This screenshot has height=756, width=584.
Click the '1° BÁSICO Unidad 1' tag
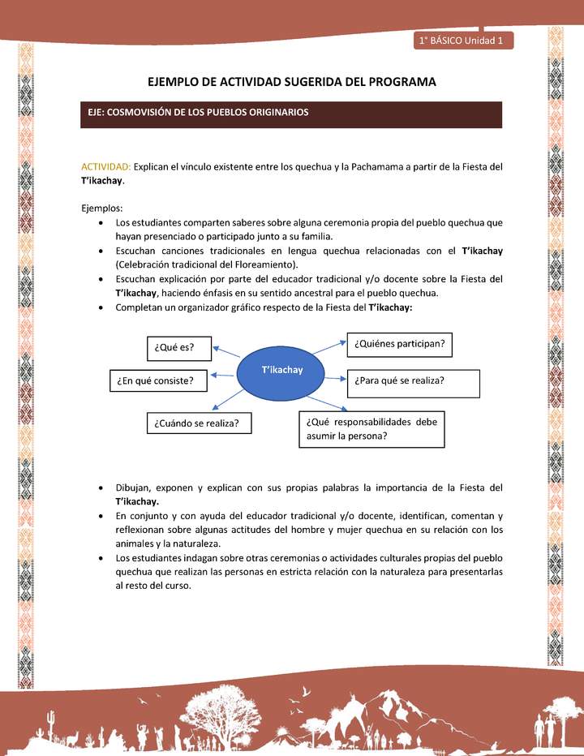tap(463, 41)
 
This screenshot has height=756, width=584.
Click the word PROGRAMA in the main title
tap(398, 82)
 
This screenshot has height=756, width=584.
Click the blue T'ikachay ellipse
tap(281, 371)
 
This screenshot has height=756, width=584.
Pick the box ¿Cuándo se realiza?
tap(198, 423)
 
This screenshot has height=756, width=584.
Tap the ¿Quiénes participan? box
tap(399, 344)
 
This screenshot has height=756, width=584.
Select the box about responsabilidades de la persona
tap(371, 429)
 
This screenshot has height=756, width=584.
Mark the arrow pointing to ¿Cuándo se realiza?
tap(227, 403)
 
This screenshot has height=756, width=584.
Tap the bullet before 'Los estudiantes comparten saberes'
tap(99, 222)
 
